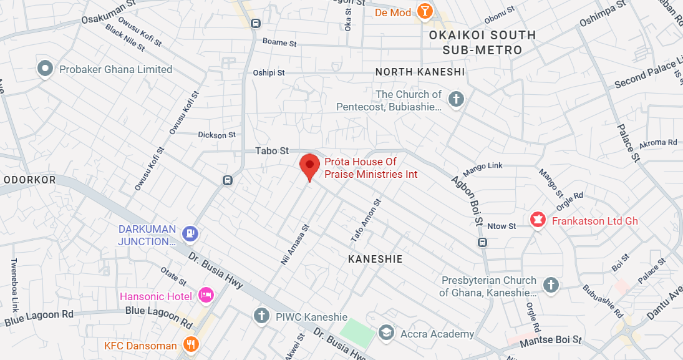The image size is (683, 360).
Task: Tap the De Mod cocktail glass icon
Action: [425, 11]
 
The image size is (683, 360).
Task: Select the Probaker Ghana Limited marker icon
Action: [45, 69]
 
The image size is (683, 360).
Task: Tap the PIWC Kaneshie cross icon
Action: [262, 316]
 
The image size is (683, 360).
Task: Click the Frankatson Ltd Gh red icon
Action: [536, 220]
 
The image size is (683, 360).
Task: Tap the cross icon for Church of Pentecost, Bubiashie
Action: [457, 99]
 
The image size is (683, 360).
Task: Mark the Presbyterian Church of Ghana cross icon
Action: [551, 285]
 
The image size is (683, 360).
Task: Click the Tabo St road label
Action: [273, 151]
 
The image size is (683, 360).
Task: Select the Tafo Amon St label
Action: [366, 221]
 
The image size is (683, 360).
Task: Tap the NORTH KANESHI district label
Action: [420, 72]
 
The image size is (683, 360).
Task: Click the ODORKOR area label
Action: [30, 180]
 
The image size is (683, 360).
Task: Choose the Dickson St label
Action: [216, 135]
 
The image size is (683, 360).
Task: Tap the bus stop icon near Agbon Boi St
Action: [482, 242]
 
